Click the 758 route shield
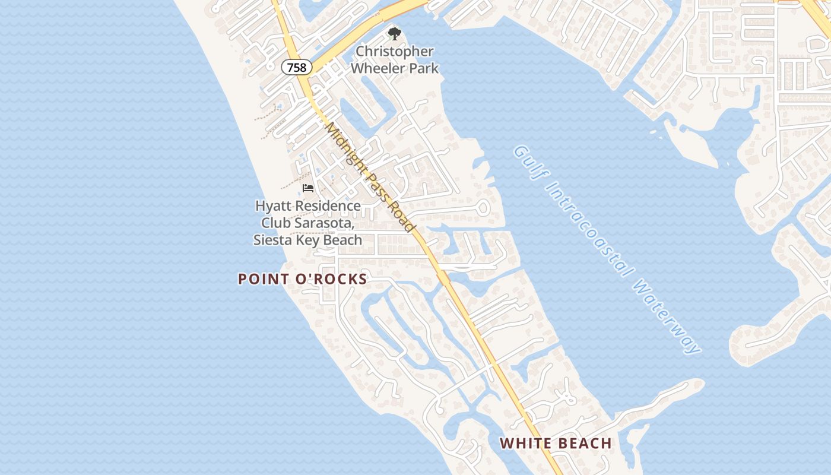click(296, 67)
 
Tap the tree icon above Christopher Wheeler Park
click(394, 33)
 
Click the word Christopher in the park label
click(395, 52)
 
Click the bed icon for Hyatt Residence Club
click(307, 188)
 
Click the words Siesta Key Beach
click(307, 240)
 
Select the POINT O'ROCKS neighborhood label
click(303, 279)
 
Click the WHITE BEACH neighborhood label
click(556, 443)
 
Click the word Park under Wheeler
click(424, 68)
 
